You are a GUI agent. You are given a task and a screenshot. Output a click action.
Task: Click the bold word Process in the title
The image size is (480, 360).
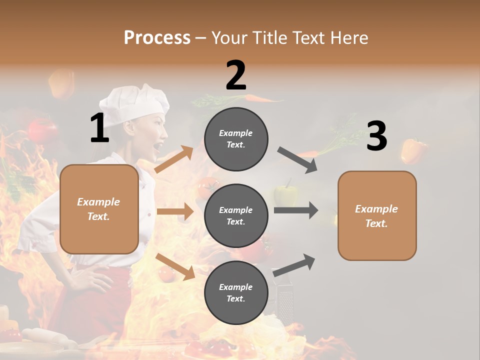point(157,37)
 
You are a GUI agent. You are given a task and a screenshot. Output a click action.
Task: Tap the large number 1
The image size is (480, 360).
point(99,128)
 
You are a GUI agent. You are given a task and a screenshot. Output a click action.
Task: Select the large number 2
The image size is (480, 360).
point(236,75)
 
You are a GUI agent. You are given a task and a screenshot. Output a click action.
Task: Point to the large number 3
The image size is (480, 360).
point(376,136)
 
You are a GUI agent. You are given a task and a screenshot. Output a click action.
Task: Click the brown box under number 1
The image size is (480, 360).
point(99,209)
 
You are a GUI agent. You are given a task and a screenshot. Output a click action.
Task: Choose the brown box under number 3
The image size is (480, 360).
point(377,216)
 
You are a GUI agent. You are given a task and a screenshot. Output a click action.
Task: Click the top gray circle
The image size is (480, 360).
point(236,138)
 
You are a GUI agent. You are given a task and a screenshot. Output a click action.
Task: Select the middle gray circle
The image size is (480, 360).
point(236,215)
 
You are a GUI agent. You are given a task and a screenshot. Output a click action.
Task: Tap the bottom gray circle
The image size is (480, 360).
point(236,292)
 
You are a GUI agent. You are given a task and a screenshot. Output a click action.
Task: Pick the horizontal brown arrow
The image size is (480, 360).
point(175,211)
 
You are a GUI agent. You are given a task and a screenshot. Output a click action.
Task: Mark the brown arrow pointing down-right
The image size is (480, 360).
point(175,266)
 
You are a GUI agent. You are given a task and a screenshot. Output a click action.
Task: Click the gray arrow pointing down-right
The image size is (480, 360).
point(297,160)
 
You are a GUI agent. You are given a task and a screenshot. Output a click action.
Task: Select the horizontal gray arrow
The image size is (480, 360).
point(296,210)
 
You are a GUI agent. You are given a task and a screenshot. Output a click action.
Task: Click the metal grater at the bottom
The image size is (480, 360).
point(284,302)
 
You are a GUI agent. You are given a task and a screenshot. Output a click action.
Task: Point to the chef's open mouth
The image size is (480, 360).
point(159,146)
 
